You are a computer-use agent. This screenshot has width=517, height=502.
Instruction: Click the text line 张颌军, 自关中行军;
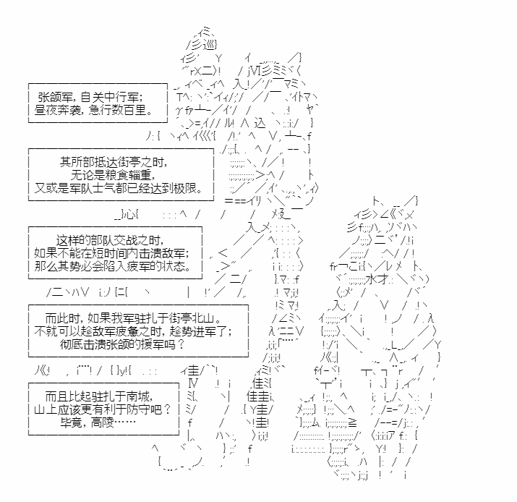tap(90, 98)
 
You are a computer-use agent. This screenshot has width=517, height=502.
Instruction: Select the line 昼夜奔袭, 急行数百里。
tap(94, 110)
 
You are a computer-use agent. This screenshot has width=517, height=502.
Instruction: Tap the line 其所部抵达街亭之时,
tap(114, 162)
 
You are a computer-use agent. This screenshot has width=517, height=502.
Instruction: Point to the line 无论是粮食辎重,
tap(113, 175)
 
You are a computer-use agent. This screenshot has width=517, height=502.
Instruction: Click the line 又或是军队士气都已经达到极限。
tap(119, 188)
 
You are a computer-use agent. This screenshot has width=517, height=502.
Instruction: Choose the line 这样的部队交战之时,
tap(111, 240)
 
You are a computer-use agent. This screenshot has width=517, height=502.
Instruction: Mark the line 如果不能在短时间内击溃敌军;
tap(112, 253)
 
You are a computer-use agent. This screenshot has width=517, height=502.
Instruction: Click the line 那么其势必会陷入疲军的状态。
tap(112, 266)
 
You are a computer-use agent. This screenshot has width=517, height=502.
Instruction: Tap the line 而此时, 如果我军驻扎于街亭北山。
tap(133, 318)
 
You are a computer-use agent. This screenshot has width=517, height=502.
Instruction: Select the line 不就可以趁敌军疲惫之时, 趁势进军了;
tap(133, 331)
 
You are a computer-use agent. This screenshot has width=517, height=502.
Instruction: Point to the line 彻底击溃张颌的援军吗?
tap(122, 344)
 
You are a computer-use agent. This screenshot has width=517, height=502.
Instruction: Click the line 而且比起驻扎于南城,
tap(99, 397)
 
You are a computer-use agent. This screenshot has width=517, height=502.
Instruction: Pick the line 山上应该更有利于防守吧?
tap(103, 409)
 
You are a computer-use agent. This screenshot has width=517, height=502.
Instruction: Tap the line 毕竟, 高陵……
tap(98, 422)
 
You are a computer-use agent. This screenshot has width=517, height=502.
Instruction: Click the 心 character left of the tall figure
tap(131, 215)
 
